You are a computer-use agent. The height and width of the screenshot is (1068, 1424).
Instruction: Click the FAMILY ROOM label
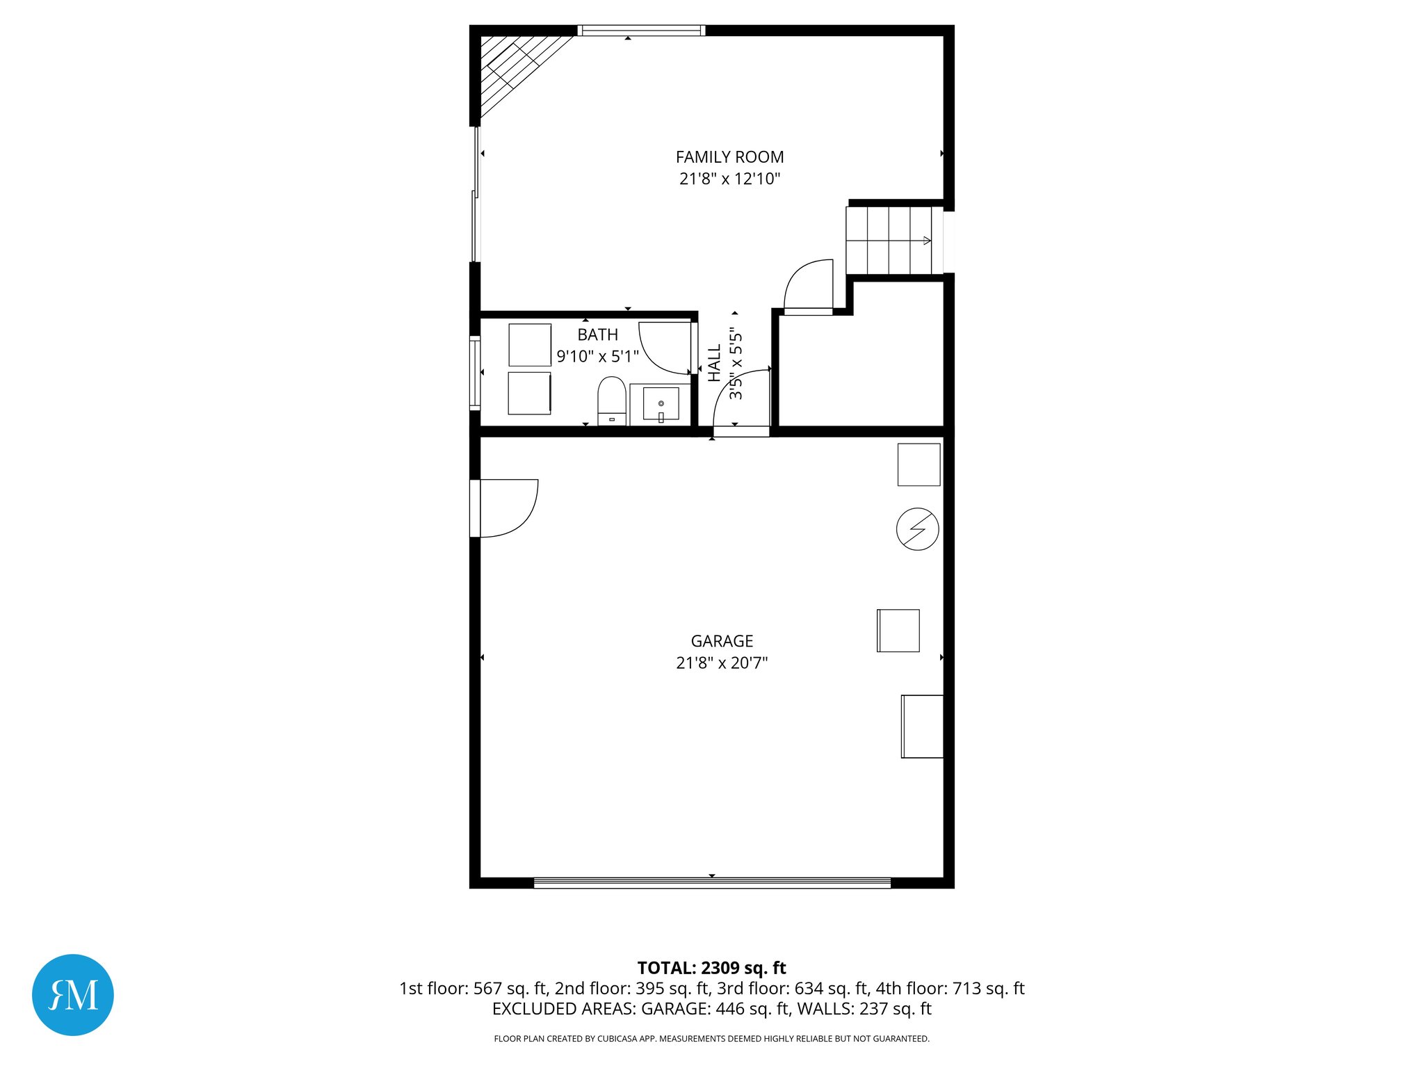point(729,157)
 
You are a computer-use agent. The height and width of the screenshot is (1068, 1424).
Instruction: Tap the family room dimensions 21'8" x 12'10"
point(729,179)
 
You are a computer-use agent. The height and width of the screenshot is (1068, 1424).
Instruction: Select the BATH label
point(597,334)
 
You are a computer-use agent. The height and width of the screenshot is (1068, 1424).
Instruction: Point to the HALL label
point(714,363)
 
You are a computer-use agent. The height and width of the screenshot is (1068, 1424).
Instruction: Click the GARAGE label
point(722,641)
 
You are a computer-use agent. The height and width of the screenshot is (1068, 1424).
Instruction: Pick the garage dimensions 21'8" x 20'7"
point(722,663)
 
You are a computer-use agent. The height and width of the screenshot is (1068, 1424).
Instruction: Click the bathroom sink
point(661,403)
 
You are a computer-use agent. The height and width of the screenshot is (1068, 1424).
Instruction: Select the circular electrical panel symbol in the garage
point(917,529)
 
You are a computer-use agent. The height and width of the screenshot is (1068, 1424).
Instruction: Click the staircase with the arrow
point(889,241)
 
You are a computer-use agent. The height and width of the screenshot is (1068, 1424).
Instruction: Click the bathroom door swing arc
point(664,347)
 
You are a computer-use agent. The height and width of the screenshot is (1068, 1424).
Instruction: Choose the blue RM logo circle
point(73,994)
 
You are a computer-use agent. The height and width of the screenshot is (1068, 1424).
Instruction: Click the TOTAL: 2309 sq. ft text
point(711,968)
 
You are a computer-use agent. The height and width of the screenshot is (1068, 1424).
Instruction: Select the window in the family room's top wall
point(641,31)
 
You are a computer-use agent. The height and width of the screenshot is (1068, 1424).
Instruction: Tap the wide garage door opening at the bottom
point(712,883)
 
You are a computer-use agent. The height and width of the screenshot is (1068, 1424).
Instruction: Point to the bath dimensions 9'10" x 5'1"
point(597,357)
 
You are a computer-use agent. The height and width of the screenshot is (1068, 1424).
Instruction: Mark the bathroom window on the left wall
point(475,372)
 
